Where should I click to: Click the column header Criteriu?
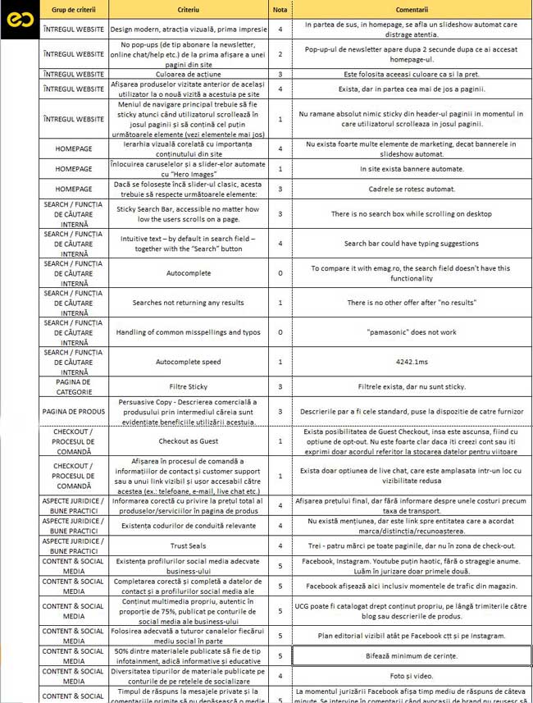189,8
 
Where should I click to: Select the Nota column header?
280,8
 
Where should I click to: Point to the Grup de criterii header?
74,8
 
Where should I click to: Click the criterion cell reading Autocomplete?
189,273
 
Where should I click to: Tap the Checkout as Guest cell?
189,441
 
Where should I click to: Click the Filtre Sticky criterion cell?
189,386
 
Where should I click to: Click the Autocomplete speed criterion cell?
189,361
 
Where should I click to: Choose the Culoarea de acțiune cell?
189,73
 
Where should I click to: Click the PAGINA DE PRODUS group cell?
74,412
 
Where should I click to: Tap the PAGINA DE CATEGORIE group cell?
74,386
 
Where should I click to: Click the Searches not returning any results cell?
189,303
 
